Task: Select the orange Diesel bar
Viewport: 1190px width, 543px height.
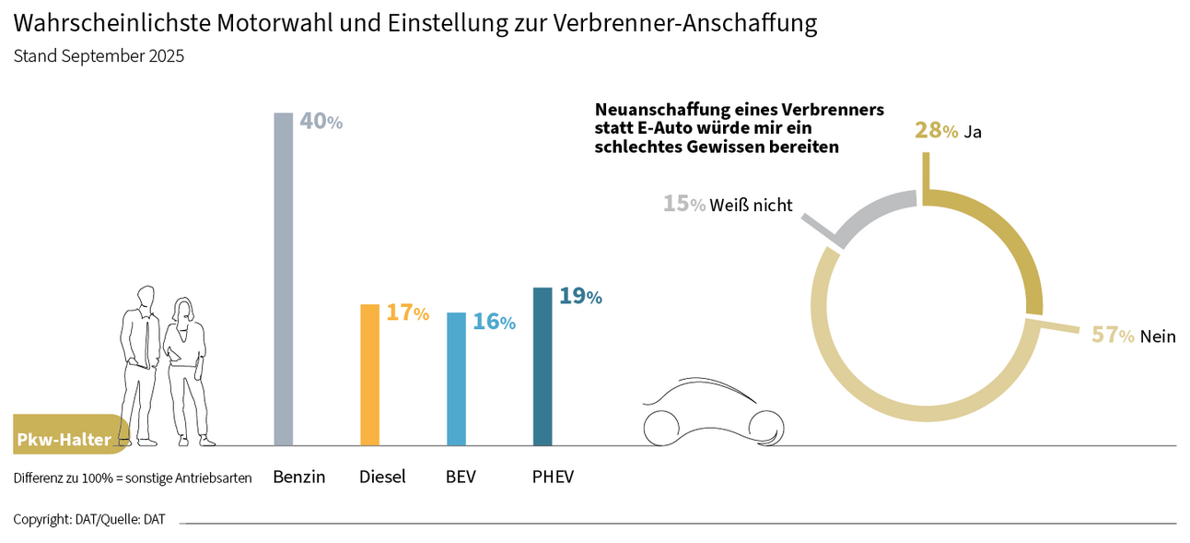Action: [369, 374]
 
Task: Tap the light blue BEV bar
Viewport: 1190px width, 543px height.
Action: [456, 378]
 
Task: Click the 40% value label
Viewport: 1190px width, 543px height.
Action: [321, 122]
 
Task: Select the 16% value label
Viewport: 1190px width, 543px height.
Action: [494, 322]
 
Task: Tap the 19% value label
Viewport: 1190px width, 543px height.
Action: [580, 296]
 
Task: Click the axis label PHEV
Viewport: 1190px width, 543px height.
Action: [553, 477]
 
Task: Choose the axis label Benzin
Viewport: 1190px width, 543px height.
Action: [298, 477]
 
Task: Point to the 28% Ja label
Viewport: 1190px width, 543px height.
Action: [948, 131]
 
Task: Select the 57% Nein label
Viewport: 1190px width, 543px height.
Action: [1134, 336]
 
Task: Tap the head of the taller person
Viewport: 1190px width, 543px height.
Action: [145, 298]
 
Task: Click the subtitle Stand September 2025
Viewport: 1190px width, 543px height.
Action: [99, 56]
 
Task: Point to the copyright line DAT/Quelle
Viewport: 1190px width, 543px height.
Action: [89, 519]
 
